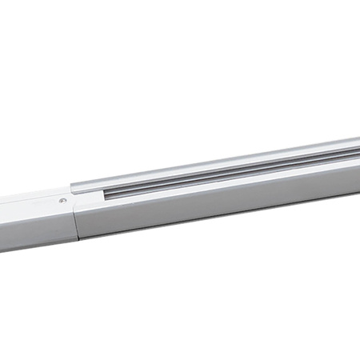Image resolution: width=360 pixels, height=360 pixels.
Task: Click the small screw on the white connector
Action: [62, 201]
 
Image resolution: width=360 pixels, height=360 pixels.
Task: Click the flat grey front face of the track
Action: [224, 200]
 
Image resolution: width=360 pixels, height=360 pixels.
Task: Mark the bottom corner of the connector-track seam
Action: [78, 239]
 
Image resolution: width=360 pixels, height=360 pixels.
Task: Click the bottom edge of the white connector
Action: [36, 246]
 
